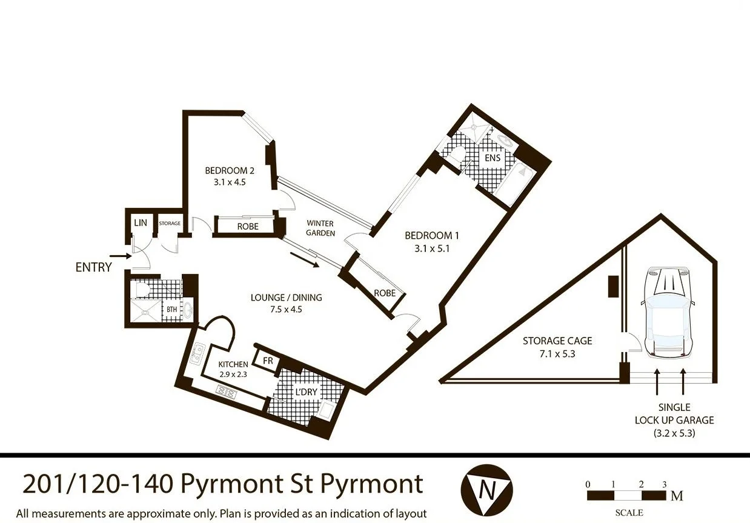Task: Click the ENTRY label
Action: point(93,267)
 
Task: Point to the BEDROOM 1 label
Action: point(428,235)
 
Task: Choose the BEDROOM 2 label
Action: point(230,170)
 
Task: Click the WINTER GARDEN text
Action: point(320,228)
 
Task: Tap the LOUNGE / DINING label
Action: point(286,298)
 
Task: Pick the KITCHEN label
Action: point(233,364)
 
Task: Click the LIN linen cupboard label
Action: point(141,224)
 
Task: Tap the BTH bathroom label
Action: point(172,310)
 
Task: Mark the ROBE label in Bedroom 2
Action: point(248,227)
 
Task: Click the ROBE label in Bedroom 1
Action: point(385,293)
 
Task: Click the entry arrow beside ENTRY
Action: point(121,256)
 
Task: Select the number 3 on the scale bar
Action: point(665,484)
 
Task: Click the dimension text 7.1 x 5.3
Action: point(549,353)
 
